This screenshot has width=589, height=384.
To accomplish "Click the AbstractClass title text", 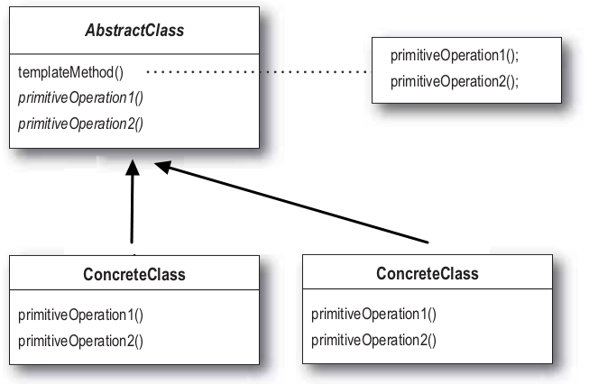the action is tap(134, 31).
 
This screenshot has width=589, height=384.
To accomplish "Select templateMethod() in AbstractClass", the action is tap(70, 72).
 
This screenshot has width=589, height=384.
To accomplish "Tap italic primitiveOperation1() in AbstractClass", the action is tap(81, 98).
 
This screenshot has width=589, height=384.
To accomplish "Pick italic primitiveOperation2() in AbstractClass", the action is tap(81, 123).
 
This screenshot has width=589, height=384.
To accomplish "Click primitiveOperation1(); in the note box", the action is tap(455, 56).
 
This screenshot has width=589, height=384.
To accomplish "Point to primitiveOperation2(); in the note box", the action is tap(455, 81).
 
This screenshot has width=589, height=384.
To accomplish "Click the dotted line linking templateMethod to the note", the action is tap(259, 71).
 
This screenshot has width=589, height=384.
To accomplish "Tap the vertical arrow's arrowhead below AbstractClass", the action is tap(133, 168).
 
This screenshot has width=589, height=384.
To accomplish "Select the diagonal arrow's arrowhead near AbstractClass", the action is tap(163, 167).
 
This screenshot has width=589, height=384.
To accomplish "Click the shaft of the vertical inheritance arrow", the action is tap(132, 209).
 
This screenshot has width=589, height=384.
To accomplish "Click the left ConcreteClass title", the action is tap(134, 274).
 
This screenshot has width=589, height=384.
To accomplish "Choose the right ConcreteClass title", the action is tap(428, 274).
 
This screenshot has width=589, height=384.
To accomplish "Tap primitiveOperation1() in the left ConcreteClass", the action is tap(81, 315).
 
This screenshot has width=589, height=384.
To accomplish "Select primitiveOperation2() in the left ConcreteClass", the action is tap(81, 342).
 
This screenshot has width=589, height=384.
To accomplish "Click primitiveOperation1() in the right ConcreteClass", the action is tap(373, 315).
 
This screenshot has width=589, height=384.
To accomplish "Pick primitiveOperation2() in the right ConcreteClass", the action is tap(373, 341).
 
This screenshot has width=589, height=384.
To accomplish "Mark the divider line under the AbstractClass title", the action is tap(134, 54).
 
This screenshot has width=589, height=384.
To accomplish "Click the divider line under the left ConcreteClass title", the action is tap(134, 289).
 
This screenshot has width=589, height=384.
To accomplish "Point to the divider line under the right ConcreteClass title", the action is tap(428, 288).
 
